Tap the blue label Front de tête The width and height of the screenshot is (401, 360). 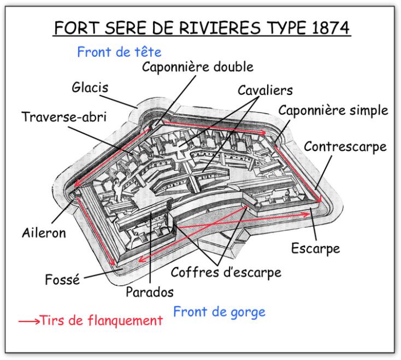(119, 52)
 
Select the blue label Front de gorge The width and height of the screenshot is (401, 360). (219, 312)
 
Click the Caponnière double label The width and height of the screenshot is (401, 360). (198, 67)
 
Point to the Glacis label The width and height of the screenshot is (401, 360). (90, 87)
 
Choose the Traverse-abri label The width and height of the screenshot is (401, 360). (64, 117)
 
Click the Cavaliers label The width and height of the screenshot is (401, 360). (265, 90)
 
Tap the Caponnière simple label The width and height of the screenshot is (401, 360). (333, 110)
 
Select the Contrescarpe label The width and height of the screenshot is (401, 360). (345, 147)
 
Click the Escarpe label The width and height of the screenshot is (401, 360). (316, 249)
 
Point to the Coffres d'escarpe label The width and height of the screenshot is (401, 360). (226, 272)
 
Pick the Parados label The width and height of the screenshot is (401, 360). (150, 292)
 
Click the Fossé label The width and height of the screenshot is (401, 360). (62, 279)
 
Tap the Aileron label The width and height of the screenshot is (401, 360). (44, 233)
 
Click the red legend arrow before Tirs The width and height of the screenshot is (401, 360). (29, 321)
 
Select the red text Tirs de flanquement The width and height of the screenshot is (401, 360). (101, 320)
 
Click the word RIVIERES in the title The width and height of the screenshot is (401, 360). (220, 28)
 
